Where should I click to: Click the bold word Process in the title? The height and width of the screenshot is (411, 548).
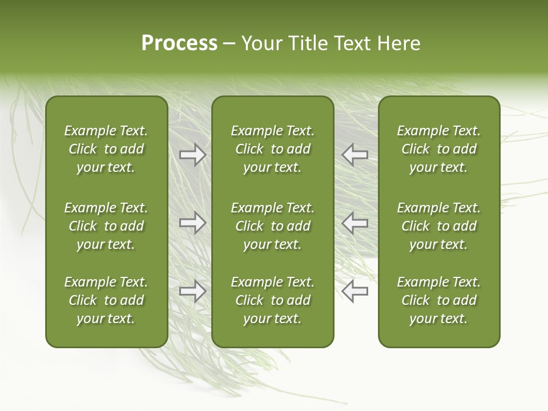point(179,43)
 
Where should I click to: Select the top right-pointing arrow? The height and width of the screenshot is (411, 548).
point(192,155)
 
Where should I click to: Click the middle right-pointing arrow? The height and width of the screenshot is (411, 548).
point(192,223)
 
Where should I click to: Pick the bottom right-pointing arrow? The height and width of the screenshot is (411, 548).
point(192,291)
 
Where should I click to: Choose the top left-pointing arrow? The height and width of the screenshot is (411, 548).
point(355,155)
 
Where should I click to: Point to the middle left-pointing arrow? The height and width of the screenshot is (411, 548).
point(355,223)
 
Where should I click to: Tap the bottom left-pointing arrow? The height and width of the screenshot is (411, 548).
point(355,291)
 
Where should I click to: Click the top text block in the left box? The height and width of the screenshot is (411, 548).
point(106,149)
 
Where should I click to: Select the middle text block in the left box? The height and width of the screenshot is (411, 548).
point(106,226)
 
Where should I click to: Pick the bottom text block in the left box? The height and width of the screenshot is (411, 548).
point(106,300)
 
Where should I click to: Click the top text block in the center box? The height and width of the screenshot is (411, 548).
point(272,149)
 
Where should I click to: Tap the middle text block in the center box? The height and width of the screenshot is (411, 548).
point(272,226)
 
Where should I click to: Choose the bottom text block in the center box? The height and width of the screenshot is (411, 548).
point(272,300)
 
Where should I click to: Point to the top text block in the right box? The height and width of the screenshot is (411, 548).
point(438,149)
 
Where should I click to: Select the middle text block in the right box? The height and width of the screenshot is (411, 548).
point(438,226)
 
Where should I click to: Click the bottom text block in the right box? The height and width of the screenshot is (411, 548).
point(438,300)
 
